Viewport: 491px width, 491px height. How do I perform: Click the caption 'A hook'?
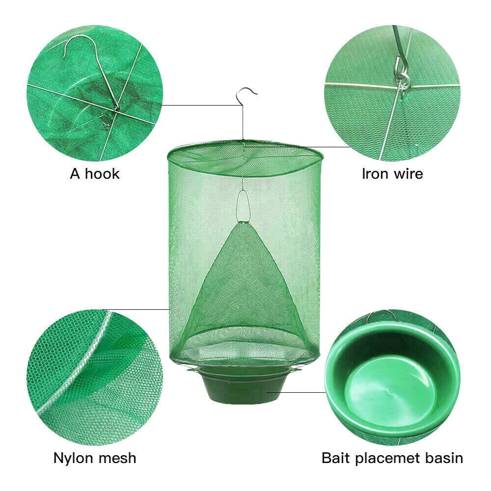tap(95, 173)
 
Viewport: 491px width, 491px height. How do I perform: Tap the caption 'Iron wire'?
tap(392, 173)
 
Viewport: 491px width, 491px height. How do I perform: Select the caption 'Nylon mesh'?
tap(95, 458)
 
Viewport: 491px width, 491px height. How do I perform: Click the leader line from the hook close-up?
tap(201, 105)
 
